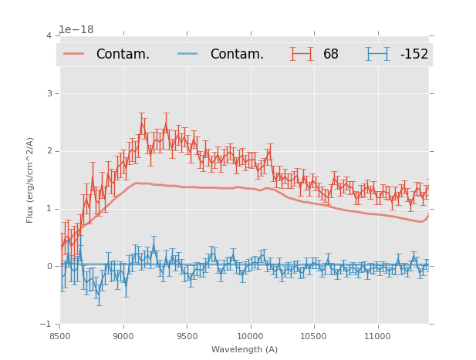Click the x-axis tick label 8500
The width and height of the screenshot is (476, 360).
click(59, 336)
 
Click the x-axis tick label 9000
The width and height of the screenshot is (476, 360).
click(123, 336)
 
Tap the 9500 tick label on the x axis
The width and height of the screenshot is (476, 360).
click(187, 336)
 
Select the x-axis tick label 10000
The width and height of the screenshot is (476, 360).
click(250, 336)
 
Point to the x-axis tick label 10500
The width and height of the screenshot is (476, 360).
click(313, 336)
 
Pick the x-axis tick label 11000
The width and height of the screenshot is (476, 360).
click(377, 336)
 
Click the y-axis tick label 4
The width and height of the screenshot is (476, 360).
click(49, 35)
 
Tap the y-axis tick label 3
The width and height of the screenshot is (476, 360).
click(49, 93)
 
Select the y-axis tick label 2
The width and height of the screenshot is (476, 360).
click(49, 151)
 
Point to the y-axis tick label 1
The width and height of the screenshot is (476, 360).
click(49, 209)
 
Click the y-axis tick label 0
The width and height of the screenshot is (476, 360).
click(49, 267)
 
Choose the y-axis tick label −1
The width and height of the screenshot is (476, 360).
click(47, 325)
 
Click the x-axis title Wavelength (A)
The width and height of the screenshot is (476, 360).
click(245, 349)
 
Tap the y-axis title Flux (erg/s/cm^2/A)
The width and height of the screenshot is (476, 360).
click(31, 180)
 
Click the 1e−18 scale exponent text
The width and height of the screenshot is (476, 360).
click(76, 30)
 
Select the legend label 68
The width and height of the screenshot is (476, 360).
click(331, 55)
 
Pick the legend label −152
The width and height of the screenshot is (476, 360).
click(414, 55)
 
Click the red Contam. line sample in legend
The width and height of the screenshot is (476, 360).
click(74, 54)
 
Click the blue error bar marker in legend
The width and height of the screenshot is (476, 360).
click(377, 54)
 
